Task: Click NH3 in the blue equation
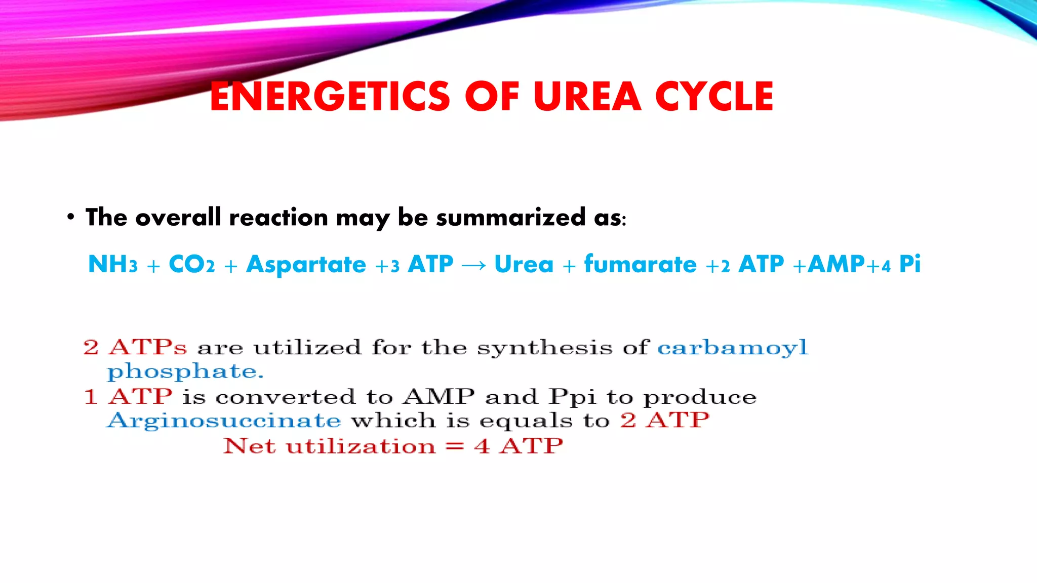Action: [x=112, y=264]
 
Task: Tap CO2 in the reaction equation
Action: [x=191, y=264]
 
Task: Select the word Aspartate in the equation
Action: [x=306, y=264]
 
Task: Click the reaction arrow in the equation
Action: [x=473, y=265]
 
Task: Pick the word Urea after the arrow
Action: [x=524, y=264]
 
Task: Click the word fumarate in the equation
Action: [x=640, y=264]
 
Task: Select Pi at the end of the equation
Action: [x=909, y=264]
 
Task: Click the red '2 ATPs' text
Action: [x=135, y=347]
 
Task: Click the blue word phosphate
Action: [x=185, y=372]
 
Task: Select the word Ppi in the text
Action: [x=573, y=397]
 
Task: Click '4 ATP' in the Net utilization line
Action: [x=518, y=446]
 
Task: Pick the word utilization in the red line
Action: [x=361, y=446]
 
